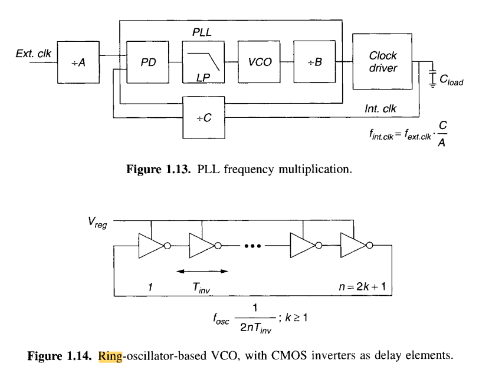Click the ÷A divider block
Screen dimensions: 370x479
[79, 62]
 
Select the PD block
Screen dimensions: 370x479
[147, 62]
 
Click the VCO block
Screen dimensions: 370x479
[259, 62]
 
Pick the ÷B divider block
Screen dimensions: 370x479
[314, 62]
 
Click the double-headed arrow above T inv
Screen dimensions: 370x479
[202, 271]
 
